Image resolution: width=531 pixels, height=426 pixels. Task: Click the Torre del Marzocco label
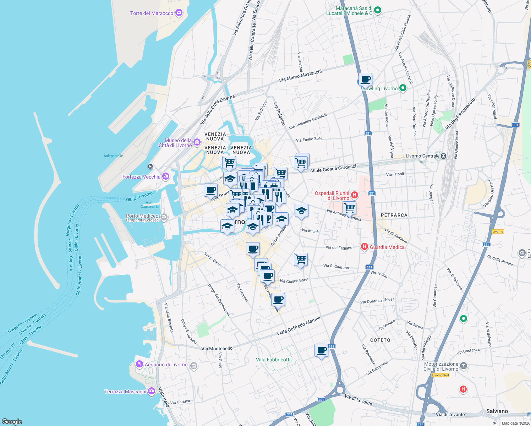pyautogui.click(x=152, y=13)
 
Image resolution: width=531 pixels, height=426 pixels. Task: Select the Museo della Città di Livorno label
pyautogui.click(x=175, y=143)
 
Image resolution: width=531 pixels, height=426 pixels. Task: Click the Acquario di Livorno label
pyautogui.click(x=166, y=365)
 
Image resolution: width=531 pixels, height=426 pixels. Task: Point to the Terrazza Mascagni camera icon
pyautogui.click(x=152, y=391)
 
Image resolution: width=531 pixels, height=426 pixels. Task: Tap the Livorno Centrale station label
pyautogui.click(x=422, y=156)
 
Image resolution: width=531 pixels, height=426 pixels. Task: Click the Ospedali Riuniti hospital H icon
pyautogui.click(x=354, y=195)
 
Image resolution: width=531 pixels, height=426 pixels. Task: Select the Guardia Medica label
pyautogui.click(x=387, y=247)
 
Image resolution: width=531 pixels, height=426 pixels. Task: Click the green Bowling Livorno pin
pyautogui.click(x=403, y=88)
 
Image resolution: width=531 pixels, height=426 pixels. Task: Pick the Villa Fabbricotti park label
pyautogui.click(x=273, y=360)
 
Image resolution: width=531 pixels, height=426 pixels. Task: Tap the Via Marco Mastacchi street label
pyautogui.click(x=300, y=76)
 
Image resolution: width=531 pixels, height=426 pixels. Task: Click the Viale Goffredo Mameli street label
pyautogui.click(x=298, y=326)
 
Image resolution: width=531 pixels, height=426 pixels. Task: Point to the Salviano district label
pyautogui.click(x=497, y=411)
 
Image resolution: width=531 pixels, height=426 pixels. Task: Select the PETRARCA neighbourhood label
pyautogui.click(x=394, y=215)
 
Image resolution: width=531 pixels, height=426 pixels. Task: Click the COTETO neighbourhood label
pyautogui.click(x=380, y=340)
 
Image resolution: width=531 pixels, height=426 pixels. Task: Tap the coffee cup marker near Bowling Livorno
pyautogui.click(x=365, y=79)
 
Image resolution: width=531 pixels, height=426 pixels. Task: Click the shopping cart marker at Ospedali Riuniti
pyautogui.click(x=349, y=207)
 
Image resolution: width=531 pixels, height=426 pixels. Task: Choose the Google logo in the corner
pyautogui.click(x=12, y=421)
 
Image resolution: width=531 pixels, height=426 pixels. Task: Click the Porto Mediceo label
pyautogui.click(x=142, y=216)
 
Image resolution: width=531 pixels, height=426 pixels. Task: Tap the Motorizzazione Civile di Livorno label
pyautogui.click(x=441, y=366)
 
